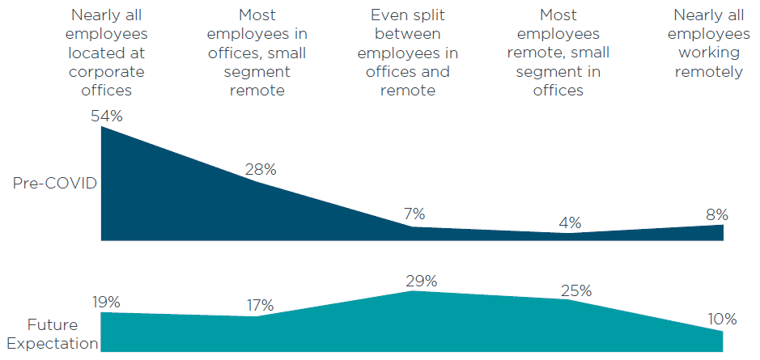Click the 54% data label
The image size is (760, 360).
106,116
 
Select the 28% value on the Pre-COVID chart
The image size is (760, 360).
261,170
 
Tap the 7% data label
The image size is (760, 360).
414,214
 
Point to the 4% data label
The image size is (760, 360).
570,222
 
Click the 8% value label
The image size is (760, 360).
715,214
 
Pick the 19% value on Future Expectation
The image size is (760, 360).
106,302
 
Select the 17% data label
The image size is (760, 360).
261,306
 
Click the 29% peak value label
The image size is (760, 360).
421,281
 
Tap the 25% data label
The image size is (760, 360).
575,290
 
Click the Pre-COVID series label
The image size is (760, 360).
55,184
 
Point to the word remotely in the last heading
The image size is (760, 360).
710,72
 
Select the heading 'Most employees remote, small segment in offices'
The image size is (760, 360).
558,53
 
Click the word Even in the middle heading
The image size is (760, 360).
388,15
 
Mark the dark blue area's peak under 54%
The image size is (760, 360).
103,129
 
